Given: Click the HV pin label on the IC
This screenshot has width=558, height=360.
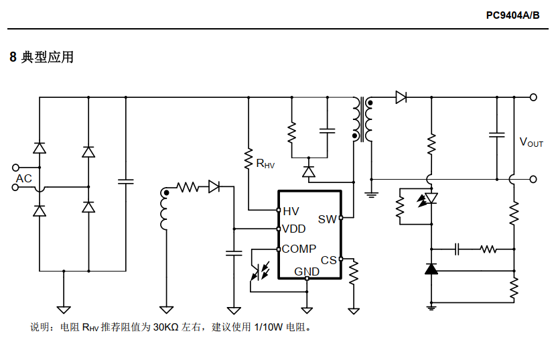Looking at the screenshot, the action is (x=291, y=211).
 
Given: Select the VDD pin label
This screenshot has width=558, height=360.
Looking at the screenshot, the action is (x=293, y=229).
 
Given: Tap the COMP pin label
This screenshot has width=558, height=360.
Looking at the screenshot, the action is (x=299, y=249).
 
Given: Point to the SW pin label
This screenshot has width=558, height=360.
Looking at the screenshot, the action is (x=327, y=219).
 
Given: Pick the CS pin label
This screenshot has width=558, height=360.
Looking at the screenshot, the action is (x=328, y=260).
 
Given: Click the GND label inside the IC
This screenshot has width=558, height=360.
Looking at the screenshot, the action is (x=307, y=272).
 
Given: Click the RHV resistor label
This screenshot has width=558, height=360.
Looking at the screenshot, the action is (x=265, y=164).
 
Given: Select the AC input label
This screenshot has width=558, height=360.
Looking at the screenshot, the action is (x=24, y=178).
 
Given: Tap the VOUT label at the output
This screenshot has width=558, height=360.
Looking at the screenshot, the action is (x=531, y=142).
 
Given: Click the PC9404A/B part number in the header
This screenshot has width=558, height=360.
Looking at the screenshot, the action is (x=513, y=15).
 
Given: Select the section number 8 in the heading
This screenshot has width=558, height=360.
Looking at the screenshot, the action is (x=13, y=57).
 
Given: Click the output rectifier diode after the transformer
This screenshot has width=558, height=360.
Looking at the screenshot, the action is (x=401, y=97).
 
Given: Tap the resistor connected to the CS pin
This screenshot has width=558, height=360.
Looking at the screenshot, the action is (x=354, y=272).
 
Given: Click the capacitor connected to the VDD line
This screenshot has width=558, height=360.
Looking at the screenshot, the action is (x=234, y=253).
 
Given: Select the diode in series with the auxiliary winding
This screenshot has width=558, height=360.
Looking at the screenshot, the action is (x=214, y=186).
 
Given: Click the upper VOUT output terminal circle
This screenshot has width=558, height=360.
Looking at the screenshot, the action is (x=533, y=97).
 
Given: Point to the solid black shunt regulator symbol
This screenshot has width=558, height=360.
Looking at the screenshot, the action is (x=431, y=269).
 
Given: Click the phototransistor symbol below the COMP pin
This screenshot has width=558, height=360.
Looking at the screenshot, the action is (x=259, y=272).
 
